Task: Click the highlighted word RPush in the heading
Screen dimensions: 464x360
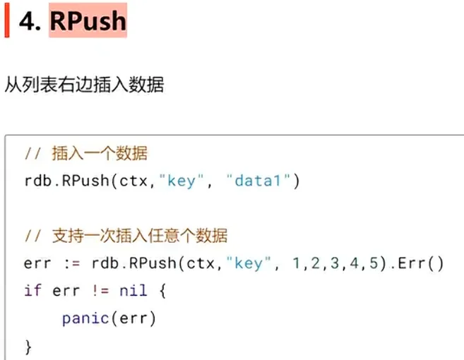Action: (x=88, y=20)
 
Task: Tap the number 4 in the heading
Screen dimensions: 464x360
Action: (x=26, y=21)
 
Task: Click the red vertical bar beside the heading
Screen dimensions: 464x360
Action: (x=7, y=20)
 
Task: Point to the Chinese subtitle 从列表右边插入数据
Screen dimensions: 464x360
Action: (x=84, y=85)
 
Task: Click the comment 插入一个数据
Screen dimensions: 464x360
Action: (x=100, y=153)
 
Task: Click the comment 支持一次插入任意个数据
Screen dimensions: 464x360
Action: (x=140, y=236)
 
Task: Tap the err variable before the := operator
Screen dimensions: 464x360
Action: (x=37, y=263)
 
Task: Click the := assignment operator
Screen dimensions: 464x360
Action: (x=72, y=263)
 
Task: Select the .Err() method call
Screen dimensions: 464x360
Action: (x=417, y=263)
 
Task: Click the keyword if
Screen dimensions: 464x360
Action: (x=32, y=290)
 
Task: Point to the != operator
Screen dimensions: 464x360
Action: (x=100, y=290)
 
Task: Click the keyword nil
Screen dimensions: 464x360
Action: (x=133, y=290)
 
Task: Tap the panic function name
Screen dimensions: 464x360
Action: (x=85, y=318)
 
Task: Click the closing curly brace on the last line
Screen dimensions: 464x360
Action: (x=28, y=347)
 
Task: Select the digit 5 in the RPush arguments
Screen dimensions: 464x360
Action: (x=374, y=263)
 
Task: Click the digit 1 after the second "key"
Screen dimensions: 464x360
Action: (x=296, y=263)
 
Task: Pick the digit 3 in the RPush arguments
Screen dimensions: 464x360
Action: (x=335, y=263)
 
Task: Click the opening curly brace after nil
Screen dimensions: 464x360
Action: (x=162, y=290)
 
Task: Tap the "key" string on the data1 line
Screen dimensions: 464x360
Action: (x=182, y=181)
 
